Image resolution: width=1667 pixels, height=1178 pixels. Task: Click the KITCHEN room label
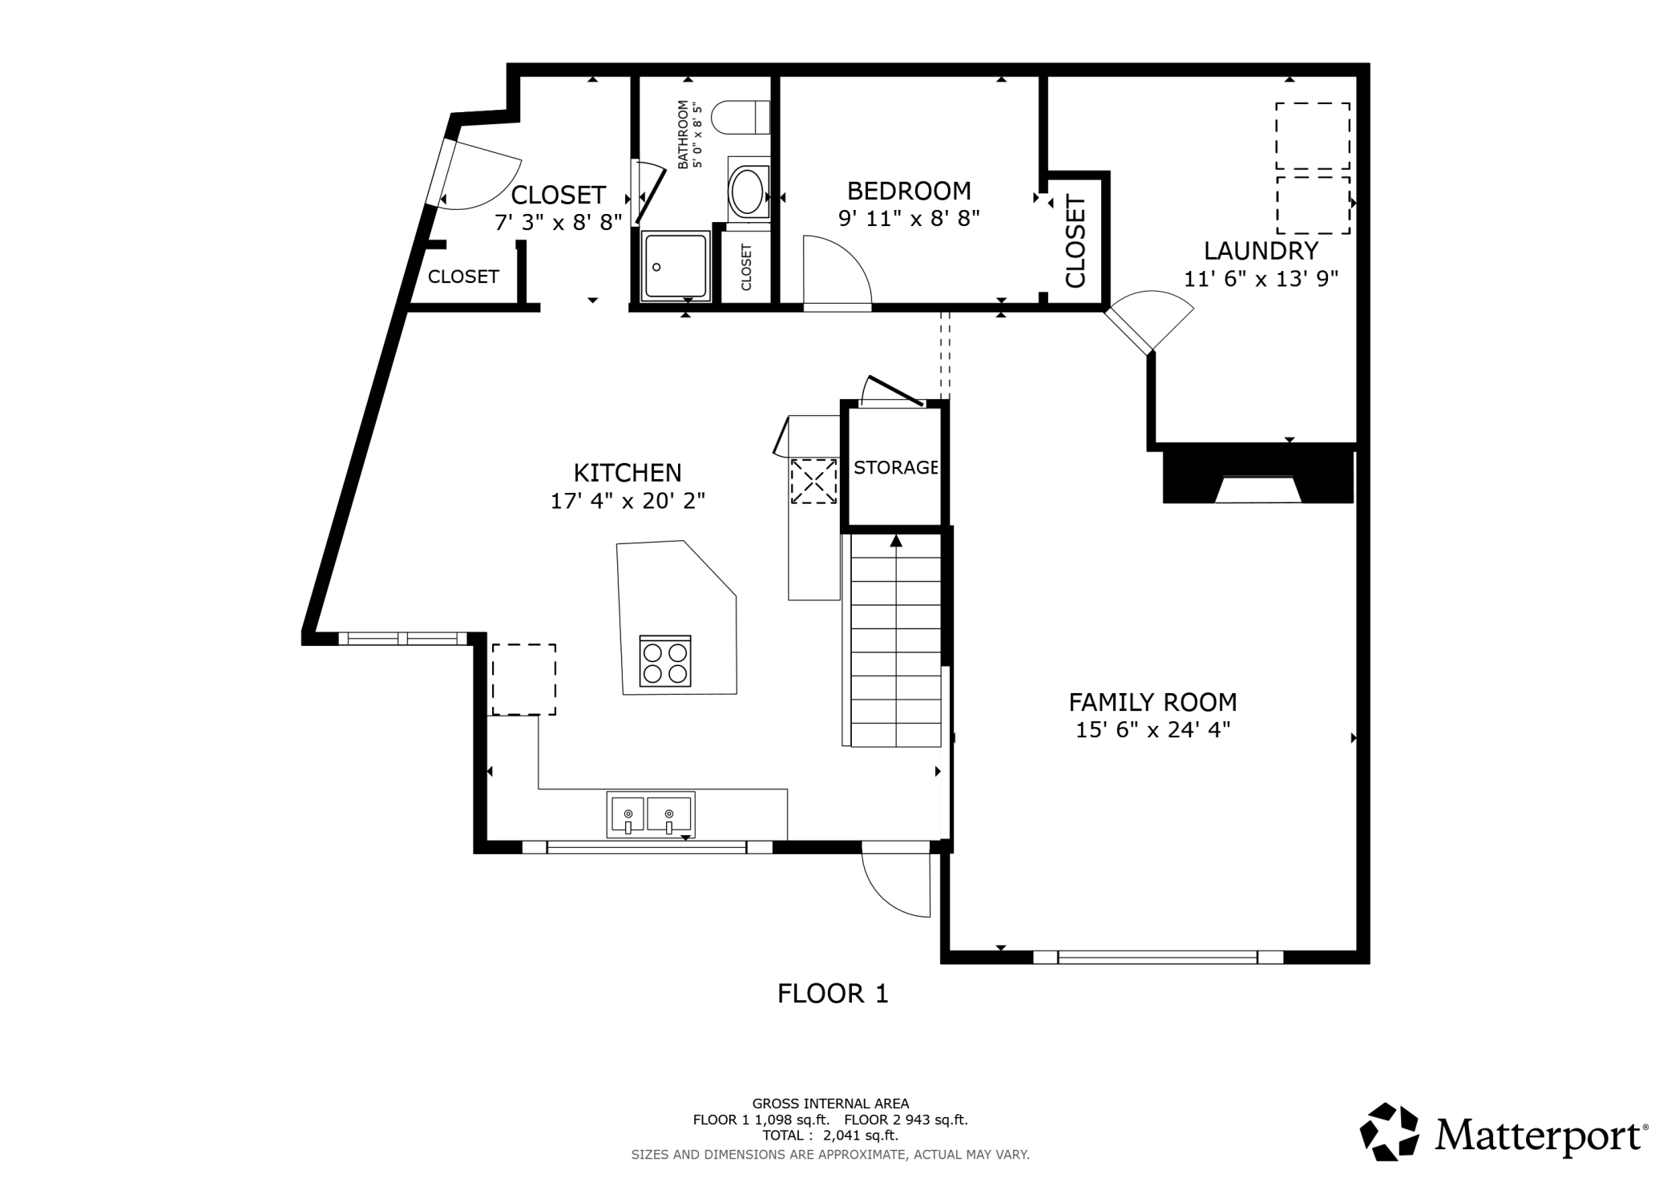(x=628, y=472)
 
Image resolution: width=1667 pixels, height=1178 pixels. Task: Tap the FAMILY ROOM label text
(x=1152, y=703)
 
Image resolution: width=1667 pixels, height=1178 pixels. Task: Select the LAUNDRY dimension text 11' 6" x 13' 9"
(x=1261, y=279)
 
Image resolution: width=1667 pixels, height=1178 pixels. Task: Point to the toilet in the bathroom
(x=741, y=118)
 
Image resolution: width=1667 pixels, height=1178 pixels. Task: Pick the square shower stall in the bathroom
(x=676, y=266)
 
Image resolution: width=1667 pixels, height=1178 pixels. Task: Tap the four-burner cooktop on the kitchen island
(x=665, y=661)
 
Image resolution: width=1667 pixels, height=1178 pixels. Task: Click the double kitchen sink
(x=650, y=814)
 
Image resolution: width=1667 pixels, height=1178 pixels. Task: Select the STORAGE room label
(x=895, y=467)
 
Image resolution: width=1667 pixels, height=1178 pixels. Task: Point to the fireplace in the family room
(x=1257, y=478)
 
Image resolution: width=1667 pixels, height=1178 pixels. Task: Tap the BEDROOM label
(x=909, y=191)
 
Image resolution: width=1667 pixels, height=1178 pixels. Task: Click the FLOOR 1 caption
(x=833, y=994)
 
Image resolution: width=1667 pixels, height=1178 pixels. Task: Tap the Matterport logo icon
(x=1389, y=1132)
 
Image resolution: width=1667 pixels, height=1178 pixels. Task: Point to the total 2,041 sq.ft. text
(x=830, y=1136)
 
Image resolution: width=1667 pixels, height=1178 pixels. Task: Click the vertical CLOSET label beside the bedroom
(x=1075, y=242)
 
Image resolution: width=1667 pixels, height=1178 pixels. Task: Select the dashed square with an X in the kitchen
(x=813, y=481)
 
